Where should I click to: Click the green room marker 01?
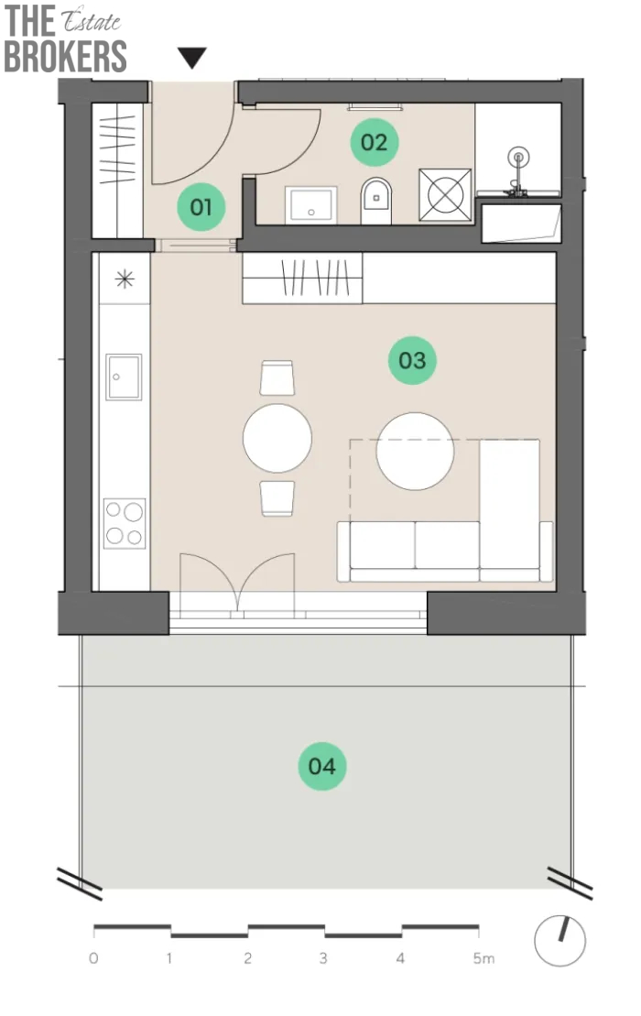(201, 207)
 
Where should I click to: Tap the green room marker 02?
(374, 142)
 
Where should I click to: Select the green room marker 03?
(412, 360)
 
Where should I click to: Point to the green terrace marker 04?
(321, 766)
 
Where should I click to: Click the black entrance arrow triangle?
(192, 57)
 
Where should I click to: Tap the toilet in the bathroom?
(376, 201)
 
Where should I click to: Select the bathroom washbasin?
(311, 204)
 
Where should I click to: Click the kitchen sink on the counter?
(124, 377)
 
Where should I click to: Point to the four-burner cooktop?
(125, 523)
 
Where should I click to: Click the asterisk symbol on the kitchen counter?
(125, 279)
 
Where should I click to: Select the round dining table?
(277, 438)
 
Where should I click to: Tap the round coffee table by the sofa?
(415, 451)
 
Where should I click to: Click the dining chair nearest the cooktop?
(277, 498)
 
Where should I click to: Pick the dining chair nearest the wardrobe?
(277, 377)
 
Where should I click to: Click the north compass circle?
(560, 941)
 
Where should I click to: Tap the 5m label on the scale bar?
(483, 957)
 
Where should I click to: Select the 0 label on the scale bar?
(94, 957)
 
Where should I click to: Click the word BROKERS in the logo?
(65, 57)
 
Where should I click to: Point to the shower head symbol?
(518, 157)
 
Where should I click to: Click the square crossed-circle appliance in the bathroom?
(445, 195)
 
